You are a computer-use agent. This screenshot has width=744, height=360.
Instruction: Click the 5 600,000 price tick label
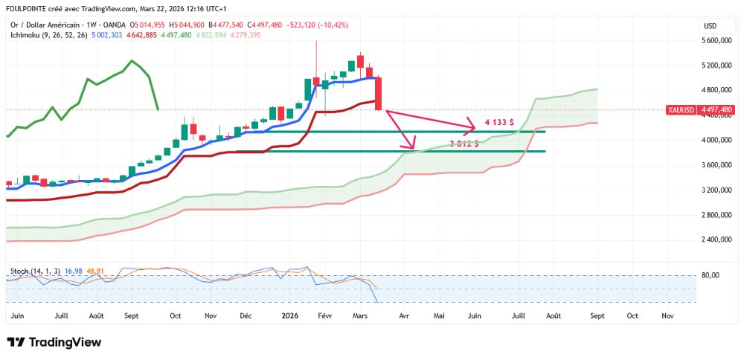coord(720,41)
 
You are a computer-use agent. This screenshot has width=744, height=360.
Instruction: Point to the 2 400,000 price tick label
coord(720,240)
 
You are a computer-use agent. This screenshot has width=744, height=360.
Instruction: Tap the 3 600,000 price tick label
coord(720,164)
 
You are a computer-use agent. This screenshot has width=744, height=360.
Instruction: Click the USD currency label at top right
coord(710,26)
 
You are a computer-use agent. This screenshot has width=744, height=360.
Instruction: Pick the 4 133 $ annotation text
coord(496,121)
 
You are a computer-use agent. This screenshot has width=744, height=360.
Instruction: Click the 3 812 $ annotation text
coord(464,143)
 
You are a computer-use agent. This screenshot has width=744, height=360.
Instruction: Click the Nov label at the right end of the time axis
coord(667,315)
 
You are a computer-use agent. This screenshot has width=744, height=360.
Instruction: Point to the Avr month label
coord(404,315)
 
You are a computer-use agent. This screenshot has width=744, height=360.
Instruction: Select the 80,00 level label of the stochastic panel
coord(711,275)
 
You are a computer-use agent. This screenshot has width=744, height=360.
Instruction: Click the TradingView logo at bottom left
coord(54,342)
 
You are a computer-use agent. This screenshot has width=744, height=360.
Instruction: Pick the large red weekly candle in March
coord(379,93)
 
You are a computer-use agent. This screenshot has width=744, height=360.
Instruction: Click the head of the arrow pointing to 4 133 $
coord(473,123)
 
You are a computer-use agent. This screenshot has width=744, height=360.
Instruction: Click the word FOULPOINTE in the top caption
coord(28,9)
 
